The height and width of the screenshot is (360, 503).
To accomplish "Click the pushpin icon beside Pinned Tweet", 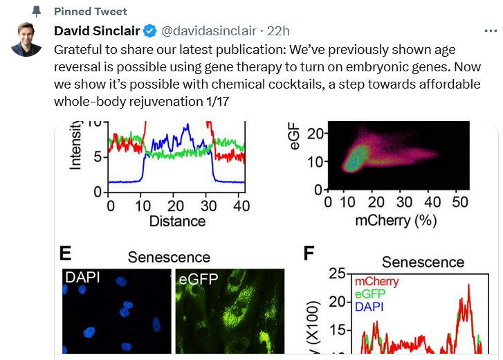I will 37,12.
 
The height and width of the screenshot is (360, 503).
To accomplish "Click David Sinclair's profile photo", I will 27,39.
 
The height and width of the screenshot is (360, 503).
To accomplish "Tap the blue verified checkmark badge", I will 150,31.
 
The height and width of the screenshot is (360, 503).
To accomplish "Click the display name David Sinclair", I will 96,31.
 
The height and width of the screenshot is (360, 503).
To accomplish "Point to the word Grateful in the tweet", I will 77,51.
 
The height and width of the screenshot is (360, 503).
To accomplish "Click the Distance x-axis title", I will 178,222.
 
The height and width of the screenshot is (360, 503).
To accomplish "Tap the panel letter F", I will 310,253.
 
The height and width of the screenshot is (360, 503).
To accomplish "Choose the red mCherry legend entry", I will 377,282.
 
